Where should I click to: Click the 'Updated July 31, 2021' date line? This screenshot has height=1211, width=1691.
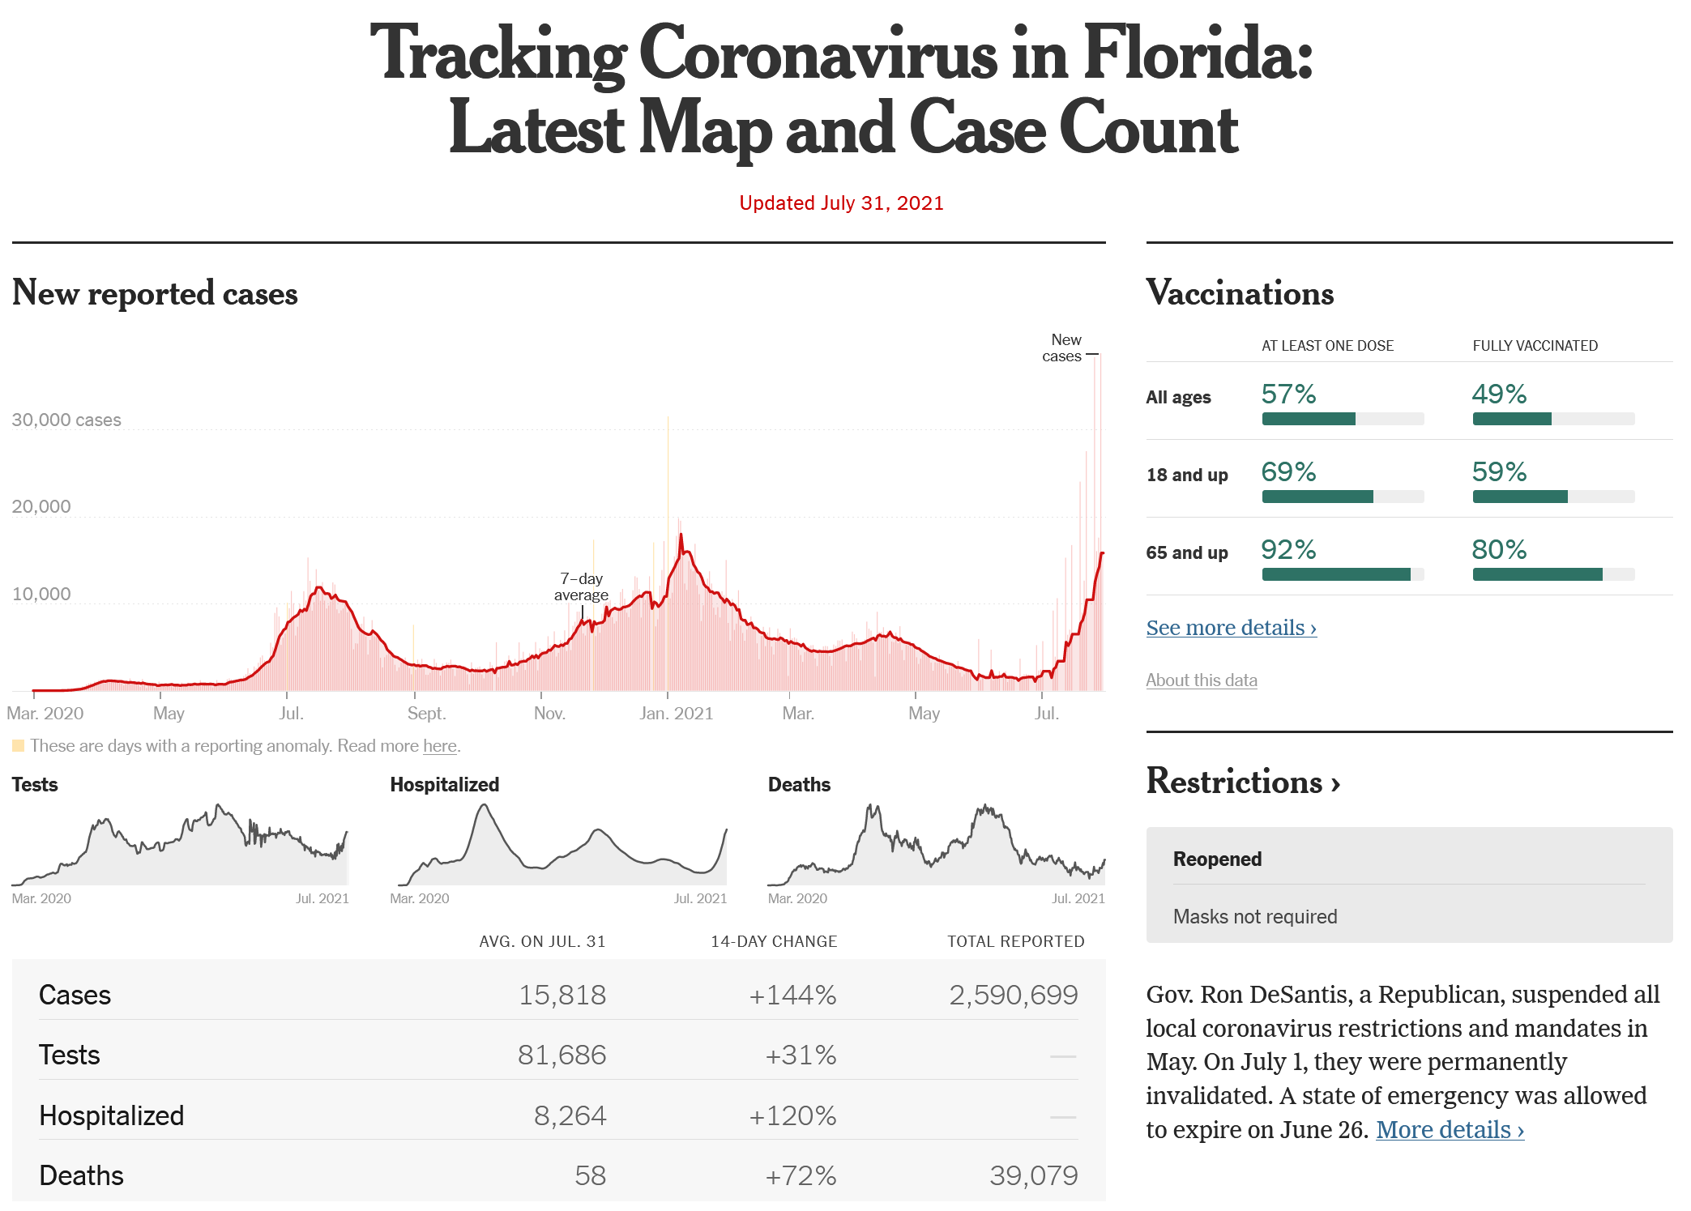[x=841, y=203]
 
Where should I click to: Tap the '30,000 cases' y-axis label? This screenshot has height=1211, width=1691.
[x=66, y=420]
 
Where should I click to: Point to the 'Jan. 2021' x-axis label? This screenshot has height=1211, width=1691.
[x=676, y=714]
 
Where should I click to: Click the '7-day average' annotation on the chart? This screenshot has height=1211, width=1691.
[x=581, y=587]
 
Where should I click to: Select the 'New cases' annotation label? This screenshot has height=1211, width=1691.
[x=1063, y=348]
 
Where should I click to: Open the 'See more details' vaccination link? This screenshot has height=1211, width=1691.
[x=1231, y=628]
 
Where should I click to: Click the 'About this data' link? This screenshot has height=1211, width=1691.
[x=1201, y=680]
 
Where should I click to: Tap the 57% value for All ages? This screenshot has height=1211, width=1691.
[x=1288, y=394]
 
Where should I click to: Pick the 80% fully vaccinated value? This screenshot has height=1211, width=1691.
[x=1499, y=550]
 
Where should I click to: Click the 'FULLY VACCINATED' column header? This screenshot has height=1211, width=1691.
[x=1535, y=346]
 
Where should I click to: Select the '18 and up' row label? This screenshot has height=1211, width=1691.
[x=1186, y=475]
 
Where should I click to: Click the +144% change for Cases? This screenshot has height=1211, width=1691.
[x=792, y=995]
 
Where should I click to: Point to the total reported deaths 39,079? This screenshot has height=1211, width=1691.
[x=1033, y=1175]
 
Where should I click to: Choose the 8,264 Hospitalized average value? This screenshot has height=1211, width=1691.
[x=570, y=1115]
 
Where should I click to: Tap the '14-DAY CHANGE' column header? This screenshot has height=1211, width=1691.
[x=774, y=941]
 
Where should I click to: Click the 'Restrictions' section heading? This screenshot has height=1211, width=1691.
[x=1242, y=782]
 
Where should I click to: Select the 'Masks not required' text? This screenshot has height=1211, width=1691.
[x=1255, y=917]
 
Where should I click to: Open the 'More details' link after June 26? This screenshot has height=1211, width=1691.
[x=1450, y=1130]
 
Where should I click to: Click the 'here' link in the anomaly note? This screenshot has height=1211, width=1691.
[x=439, y=746]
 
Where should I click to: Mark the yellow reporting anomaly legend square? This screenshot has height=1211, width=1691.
[x=19, y=745]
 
